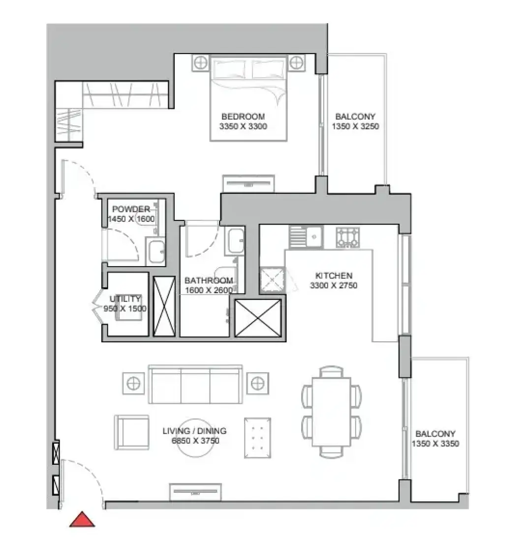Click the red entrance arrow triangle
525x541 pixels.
(82, 520)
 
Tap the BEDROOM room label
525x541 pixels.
(243, 117)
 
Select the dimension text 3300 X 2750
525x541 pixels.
(334, 285)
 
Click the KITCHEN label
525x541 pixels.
(334, 276)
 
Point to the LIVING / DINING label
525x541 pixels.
(195, 431)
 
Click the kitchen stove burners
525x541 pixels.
(347, 237)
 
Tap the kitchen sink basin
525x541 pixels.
(314, 237)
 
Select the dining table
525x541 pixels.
(331, 412)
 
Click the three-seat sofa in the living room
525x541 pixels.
(195, 384)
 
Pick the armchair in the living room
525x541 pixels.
(131, 432)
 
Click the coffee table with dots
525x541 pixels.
(257, 438)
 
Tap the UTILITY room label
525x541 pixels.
(125, 299)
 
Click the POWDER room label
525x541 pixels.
(131, 209)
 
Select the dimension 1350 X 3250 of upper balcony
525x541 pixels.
(356, 126)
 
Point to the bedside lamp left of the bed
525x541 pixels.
(201, 63)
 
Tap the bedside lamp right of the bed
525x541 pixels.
(296, 63)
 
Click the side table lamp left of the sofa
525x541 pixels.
(133, 383)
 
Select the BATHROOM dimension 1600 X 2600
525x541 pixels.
(209, 290)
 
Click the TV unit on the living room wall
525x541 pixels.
(195, 492)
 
